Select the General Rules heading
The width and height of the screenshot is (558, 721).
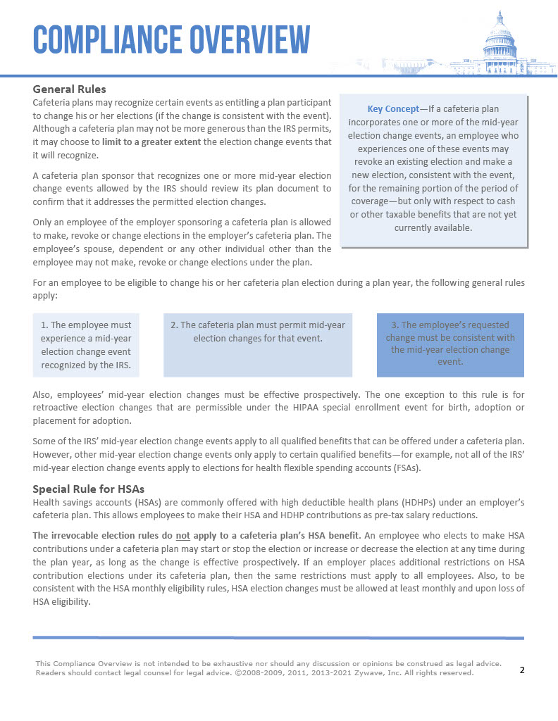coord(70,89)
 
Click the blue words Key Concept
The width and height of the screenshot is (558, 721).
coord(392,109)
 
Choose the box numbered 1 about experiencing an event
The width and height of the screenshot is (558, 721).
coord(86,345)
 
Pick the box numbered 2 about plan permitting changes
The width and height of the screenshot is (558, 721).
coord(258,345)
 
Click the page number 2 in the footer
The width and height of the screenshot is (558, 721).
coord(522,670)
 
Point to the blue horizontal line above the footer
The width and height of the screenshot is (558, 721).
coord(278,637)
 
